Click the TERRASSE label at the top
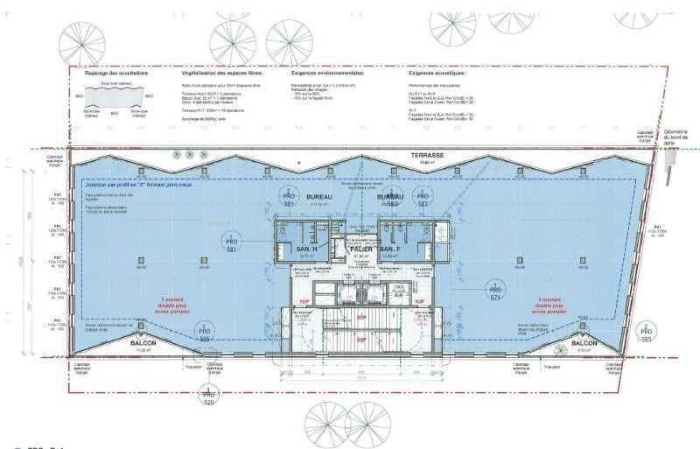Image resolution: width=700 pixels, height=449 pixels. point(429,155)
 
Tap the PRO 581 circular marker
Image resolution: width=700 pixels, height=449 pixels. point(232,242)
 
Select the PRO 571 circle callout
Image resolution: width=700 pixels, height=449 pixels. point(495,291)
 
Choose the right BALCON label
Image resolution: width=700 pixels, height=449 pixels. point(584,343)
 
